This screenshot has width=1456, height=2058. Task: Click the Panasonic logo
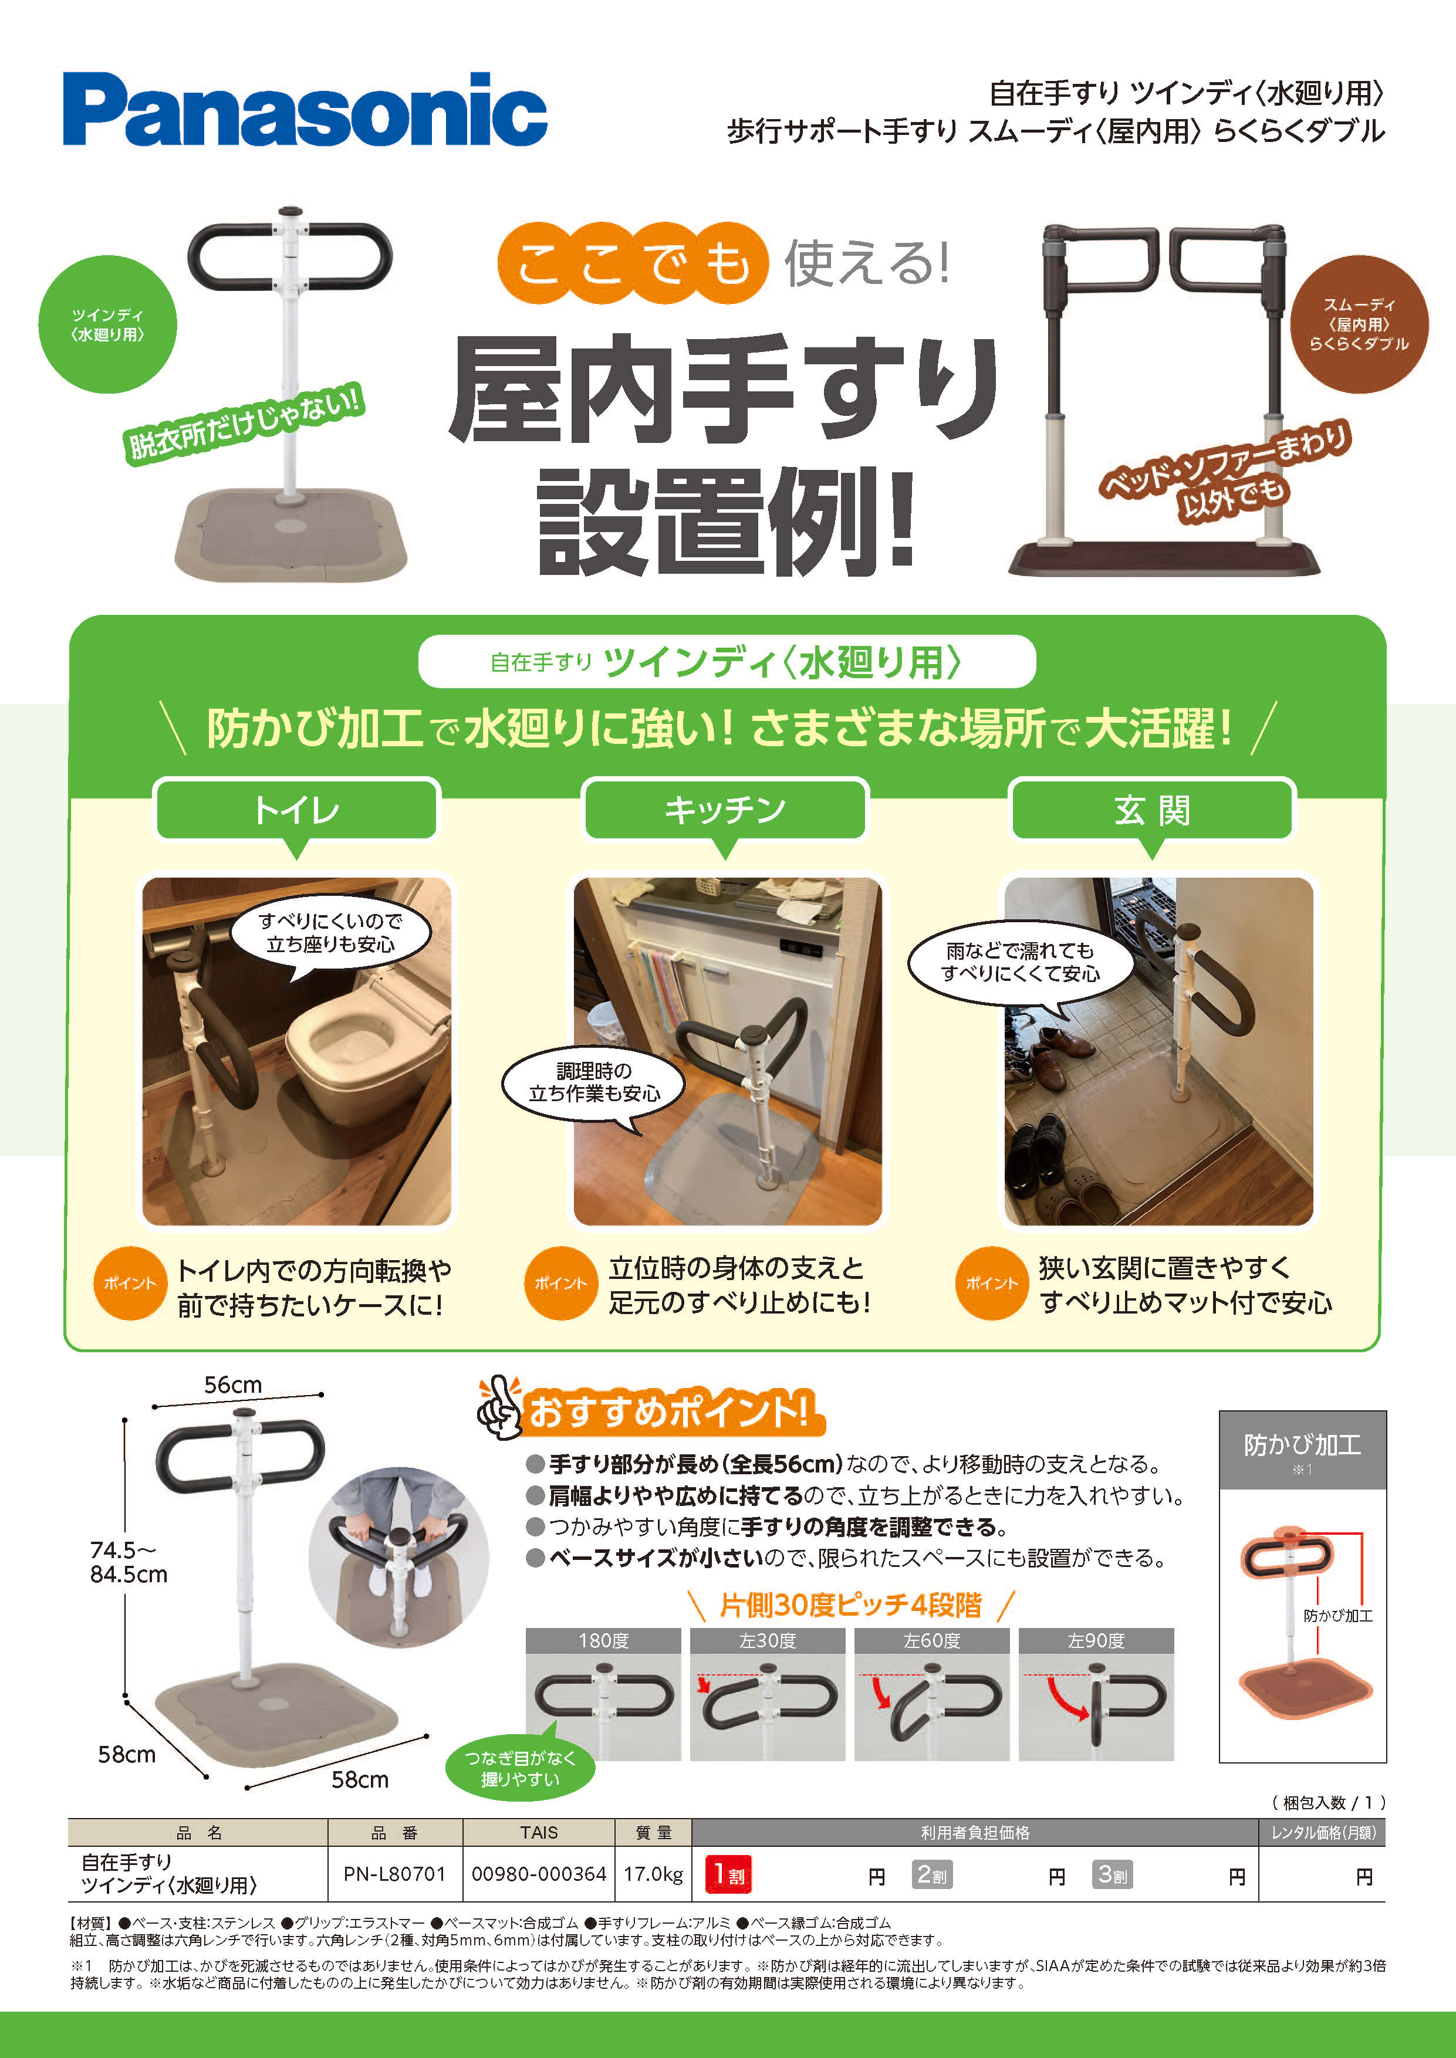point(305,109)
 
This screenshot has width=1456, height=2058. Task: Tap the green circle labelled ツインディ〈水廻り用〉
point(107,324)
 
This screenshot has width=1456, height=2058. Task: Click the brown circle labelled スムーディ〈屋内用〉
point(1358,324)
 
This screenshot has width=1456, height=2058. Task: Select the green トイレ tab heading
point(297,810)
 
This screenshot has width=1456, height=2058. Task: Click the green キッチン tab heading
point(725,810)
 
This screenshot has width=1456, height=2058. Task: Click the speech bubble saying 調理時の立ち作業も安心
point(593,1082)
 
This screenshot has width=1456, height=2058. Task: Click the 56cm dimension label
point(233,1385)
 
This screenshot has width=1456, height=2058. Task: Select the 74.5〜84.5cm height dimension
point(128,1562)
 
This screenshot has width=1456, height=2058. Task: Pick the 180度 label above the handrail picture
point(603,1640)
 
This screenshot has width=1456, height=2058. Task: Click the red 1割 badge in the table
point(728,1875)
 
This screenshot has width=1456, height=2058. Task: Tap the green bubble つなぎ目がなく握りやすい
point(520,1768)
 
